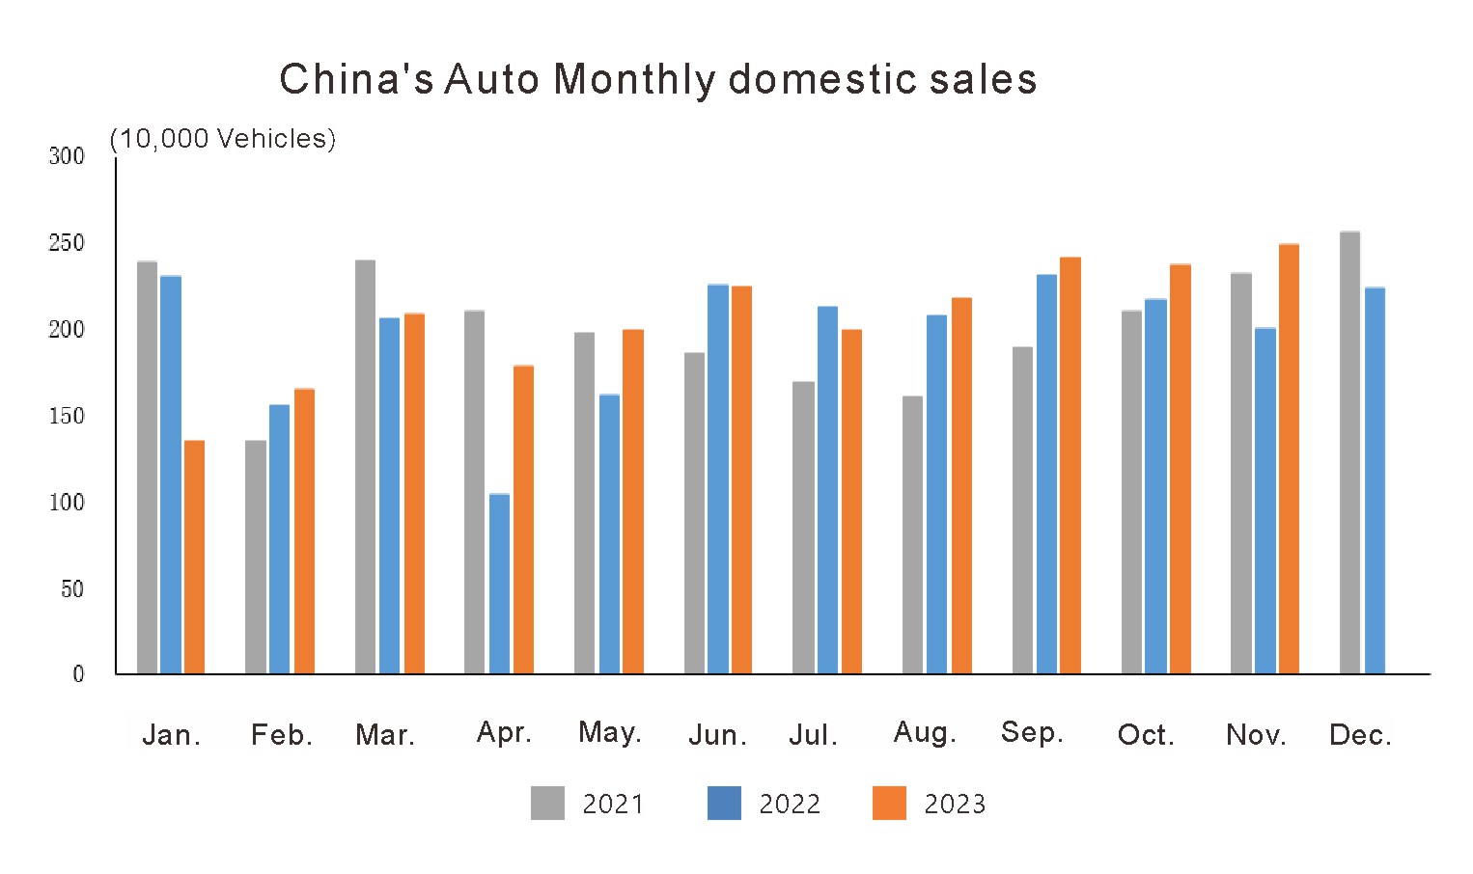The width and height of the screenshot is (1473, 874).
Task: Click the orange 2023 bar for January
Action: (x=194, y=557)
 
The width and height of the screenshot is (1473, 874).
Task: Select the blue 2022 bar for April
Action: (x=499, y=584)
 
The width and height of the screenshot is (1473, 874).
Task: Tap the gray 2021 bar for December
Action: (x=1349, y=452)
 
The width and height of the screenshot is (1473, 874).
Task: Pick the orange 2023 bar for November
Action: (x=1289, y=459)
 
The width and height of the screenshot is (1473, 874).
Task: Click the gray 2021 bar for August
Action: (x=912, y=534)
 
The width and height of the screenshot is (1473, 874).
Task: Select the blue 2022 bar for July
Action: (x=827, y=490)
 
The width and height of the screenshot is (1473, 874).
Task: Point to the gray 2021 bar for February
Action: (x=255, y=557)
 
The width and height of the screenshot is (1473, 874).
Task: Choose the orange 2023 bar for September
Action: (x=1070, y=465)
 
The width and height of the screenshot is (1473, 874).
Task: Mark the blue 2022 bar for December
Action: (x=1375, y=480)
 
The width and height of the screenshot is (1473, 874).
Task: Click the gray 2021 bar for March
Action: (x=365, y=467)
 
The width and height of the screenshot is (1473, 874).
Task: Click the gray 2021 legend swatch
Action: (x=547, y=803)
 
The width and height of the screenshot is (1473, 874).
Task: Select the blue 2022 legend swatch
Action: (x=724, y=803)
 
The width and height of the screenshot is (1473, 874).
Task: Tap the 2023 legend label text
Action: (x=954, y=804)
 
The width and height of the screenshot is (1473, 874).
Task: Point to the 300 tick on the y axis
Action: (x=67, y=156)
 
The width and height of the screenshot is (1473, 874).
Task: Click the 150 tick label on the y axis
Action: (x=67, y=416)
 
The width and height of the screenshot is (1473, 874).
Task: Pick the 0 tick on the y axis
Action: (x=78, y=674)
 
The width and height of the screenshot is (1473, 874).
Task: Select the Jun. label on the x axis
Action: (x=717, y=735)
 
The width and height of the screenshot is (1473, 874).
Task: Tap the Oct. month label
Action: (x=1146, y=735)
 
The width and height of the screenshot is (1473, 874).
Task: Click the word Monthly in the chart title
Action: (x=634, y=79)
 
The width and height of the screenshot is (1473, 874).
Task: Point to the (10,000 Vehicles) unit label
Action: (x=223, y=139)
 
